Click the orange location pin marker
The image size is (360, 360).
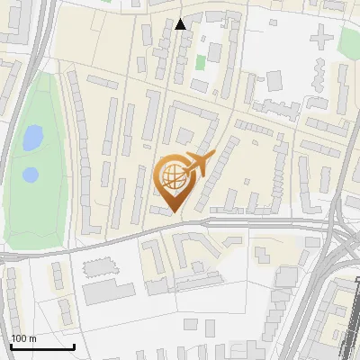pyautogui.click(x=175, y=180)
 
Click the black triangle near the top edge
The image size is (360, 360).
pyautogui.click(x=180, y=24)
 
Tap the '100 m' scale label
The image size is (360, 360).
pyautogui.click(x=23, y=338)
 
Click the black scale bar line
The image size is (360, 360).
pyautogui.click(x=41, y=347)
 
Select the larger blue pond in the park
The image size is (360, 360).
pyautogui.click(x=32, y=137)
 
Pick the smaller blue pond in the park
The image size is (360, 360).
pyautogui.click(x=31, y=173)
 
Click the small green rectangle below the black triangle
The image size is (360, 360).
pyautogui.click(x=201, y=63)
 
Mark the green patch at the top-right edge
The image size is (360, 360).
pyautogui.click(x=349, y=40)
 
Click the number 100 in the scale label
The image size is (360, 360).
pyautogui.click(x=18, y=338)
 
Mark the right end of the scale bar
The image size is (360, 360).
pyautogui.click(x=74, y=346)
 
